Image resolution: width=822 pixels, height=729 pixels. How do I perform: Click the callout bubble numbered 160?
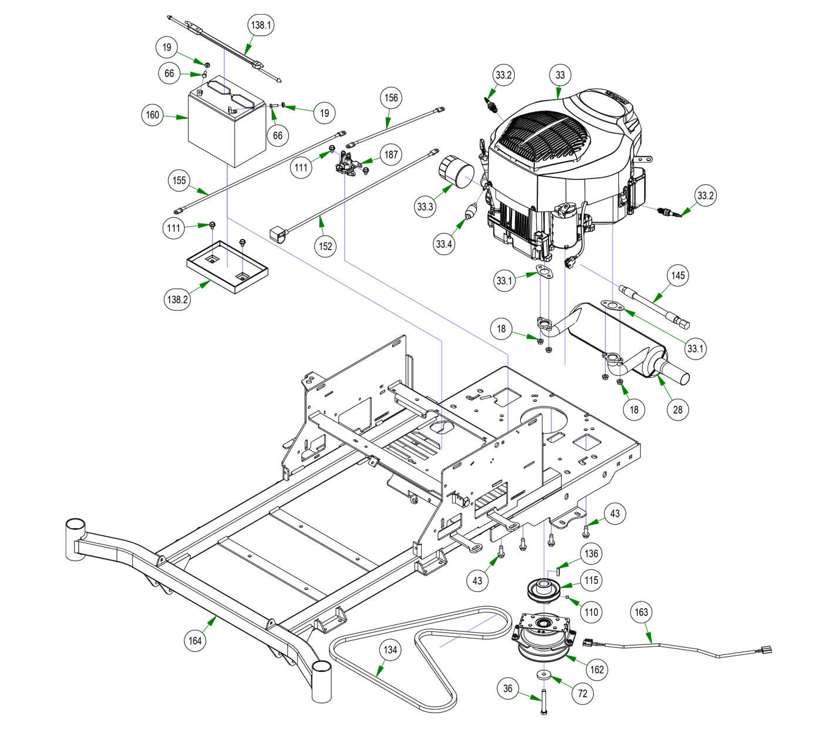(153, 115)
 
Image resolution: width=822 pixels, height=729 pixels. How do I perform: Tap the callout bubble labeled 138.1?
(260, 25)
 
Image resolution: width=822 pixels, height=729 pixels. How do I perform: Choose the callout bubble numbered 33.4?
(444, 244)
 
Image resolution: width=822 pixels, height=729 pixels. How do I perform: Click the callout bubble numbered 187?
(391, 155)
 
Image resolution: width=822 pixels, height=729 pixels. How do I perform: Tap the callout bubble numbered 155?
(180, 180)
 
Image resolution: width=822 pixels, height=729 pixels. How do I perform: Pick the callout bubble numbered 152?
(326, 246)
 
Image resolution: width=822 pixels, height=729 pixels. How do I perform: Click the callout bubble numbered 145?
(678, 276)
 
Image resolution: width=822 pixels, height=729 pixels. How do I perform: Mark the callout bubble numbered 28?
(678, 409)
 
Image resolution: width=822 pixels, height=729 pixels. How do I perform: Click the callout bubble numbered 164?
(195, 640)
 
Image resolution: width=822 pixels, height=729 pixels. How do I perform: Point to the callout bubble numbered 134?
(390, 650)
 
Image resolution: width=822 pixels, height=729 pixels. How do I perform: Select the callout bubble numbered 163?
(642, 612)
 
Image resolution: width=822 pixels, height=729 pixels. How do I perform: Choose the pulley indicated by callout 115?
(544, 590)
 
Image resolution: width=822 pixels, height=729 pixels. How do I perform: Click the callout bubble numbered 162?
(597, 669)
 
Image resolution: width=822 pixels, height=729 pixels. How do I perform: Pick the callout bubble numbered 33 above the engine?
(560, 75)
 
